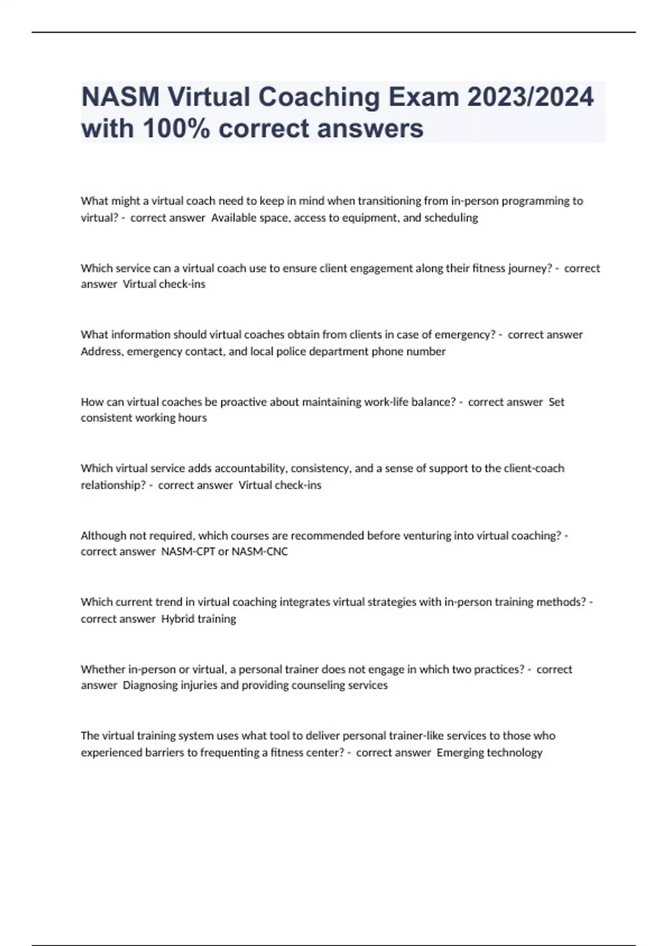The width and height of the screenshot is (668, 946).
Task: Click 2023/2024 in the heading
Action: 530,97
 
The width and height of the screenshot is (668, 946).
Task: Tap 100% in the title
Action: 177,129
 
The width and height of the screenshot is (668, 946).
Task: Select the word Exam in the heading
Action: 424,97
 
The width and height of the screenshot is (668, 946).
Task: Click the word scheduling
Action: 451,218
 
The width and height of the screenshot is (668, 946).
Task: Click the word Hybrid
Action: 178,619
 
